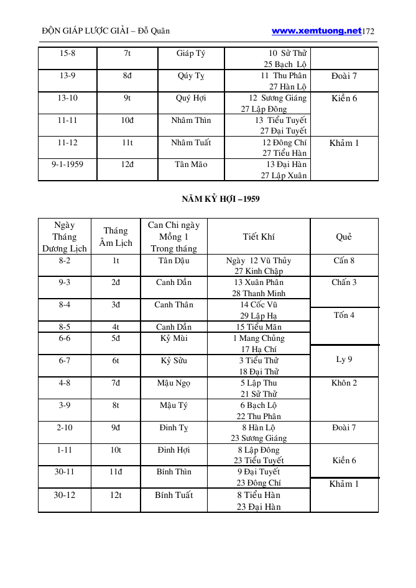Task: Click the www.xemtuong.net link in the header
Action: click(x=316, y=30)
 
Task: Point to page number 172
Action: click(x=368, y=31)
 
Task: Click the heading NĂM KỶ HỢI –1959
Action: click(x=221, y=199)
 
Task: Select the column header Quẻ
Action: click(x=344, y=237)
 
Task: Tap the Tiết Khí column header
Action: click(x=259, y=237)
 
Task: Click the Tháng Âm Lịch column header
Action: click(x=116, y=237)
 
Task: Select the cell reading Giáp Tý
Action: click(x=191, y=53)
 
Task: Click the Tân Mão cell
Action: click(x=191, y=165)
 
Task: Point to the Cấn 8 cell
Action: click(x=344, y=261)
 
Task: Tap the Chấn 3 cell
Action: click(x=344, y=283)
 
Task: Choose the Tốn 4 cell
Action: click(x=344, y=315)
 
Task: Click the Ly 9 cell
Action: click(x=344, y=360)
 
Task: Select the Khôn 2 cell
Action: click(x=344, y=383)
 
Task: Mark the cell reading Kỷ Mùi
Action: click(x=174, y=338)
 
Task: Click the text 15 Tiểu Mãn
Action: click(x=259, y=327)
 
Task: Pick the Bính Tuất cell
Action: click(x=174, y=495)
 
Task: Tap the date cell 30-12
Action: click(x=65, y=495)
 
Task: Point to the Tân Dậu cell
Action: click(x=174, y=261)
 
